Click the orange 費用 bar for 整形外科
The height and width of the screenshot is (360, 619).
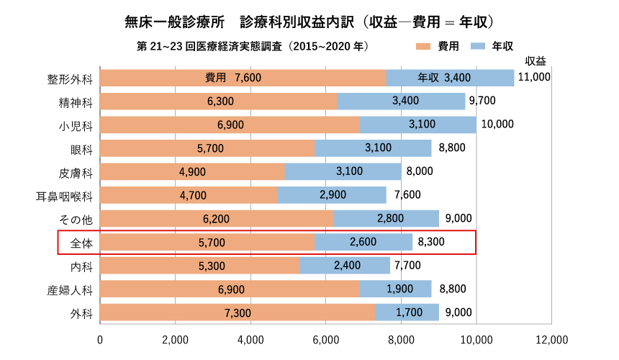click(243, 78)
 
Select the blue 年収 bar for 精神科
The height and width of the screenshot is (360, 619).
click(401, 102)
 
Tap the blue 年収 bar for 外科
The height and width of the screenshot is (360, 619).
click(407, 312)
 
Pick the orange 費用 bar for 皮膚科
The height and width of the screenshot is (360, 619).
click(192, 171)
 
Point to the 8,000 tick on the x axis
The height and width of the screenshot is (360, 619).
click(401, 339)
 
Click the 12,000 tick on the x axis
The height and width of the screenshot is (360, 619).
click(551, 339)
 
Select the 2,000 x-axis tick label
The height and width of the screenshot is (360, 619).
click(175, 339)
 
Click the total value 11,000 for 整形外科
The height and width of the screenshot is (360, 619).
click(533, 77)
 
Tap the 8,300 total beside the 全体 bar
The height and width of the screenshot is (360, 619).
click(430, 243)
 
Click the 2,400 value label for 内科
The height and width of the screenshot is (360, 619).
click(347, 266)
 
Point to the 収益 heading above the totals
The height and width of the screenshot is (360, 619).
click(535, 60)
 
